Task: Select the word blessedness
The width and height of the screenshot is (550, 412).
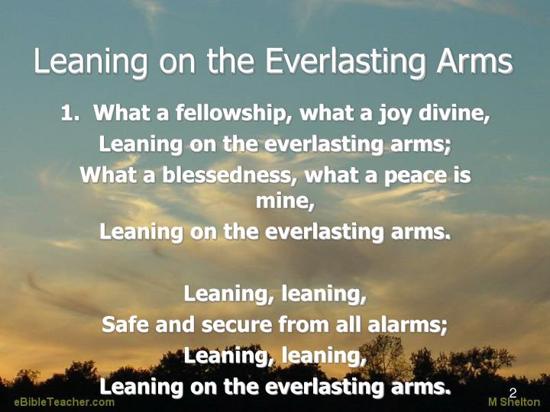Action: [x=216, y=175]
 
